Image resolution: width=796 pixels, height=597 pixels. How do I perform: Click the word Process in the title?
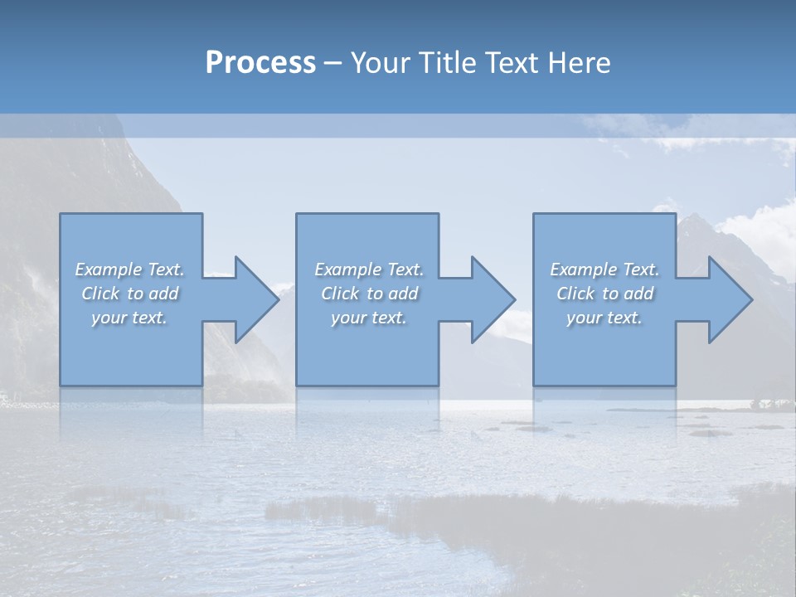click(x=260, y=63)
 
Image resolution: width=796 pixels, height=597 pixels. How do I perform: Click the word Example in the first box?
click(x=109, y=269)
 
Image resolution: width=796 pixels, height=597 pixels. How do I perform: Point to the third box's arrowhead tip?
click(x=751, y=299)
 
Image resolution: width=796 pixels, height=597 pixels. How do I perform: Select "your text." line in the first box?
click(x=129, y=318)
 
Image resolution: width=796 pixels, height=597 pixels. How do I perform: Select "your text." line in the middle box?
click(x=369, y=318)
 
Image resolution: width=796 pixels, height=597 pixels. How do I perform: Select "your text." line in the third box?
click(x=604, y=318)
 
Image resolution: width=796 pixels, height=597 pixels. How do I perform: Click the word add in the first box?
click(x=164, y=294)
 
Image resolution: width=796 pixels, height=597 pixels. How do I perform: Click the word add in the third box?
click(x=639, y=294)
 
